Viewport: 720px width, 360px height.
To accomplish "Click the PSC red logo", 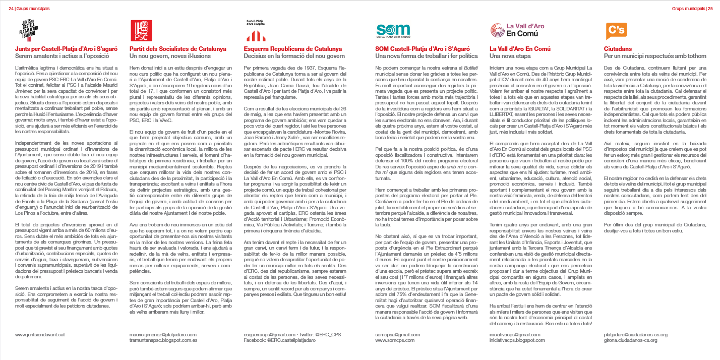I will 141,30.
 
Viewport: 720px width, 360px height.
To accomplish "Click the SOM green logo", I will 394,31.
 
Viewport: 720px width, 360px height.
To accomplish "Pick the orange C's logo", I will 615,31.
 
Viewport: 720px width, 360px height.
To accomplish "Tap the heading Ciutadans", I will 618,49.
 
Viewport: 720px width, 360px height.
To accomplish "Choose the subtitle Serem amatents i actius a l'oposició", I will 58,55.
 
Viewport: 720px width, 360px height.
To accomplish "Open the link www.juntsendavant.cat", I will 40,335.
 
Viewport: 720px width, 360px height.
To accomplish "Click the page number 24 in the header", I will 11,8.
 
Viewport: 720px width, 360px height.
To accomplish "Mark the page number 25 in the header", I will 710,8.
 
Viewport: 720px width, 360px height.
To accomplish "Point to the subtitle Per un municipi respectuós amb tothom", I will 654,55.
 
